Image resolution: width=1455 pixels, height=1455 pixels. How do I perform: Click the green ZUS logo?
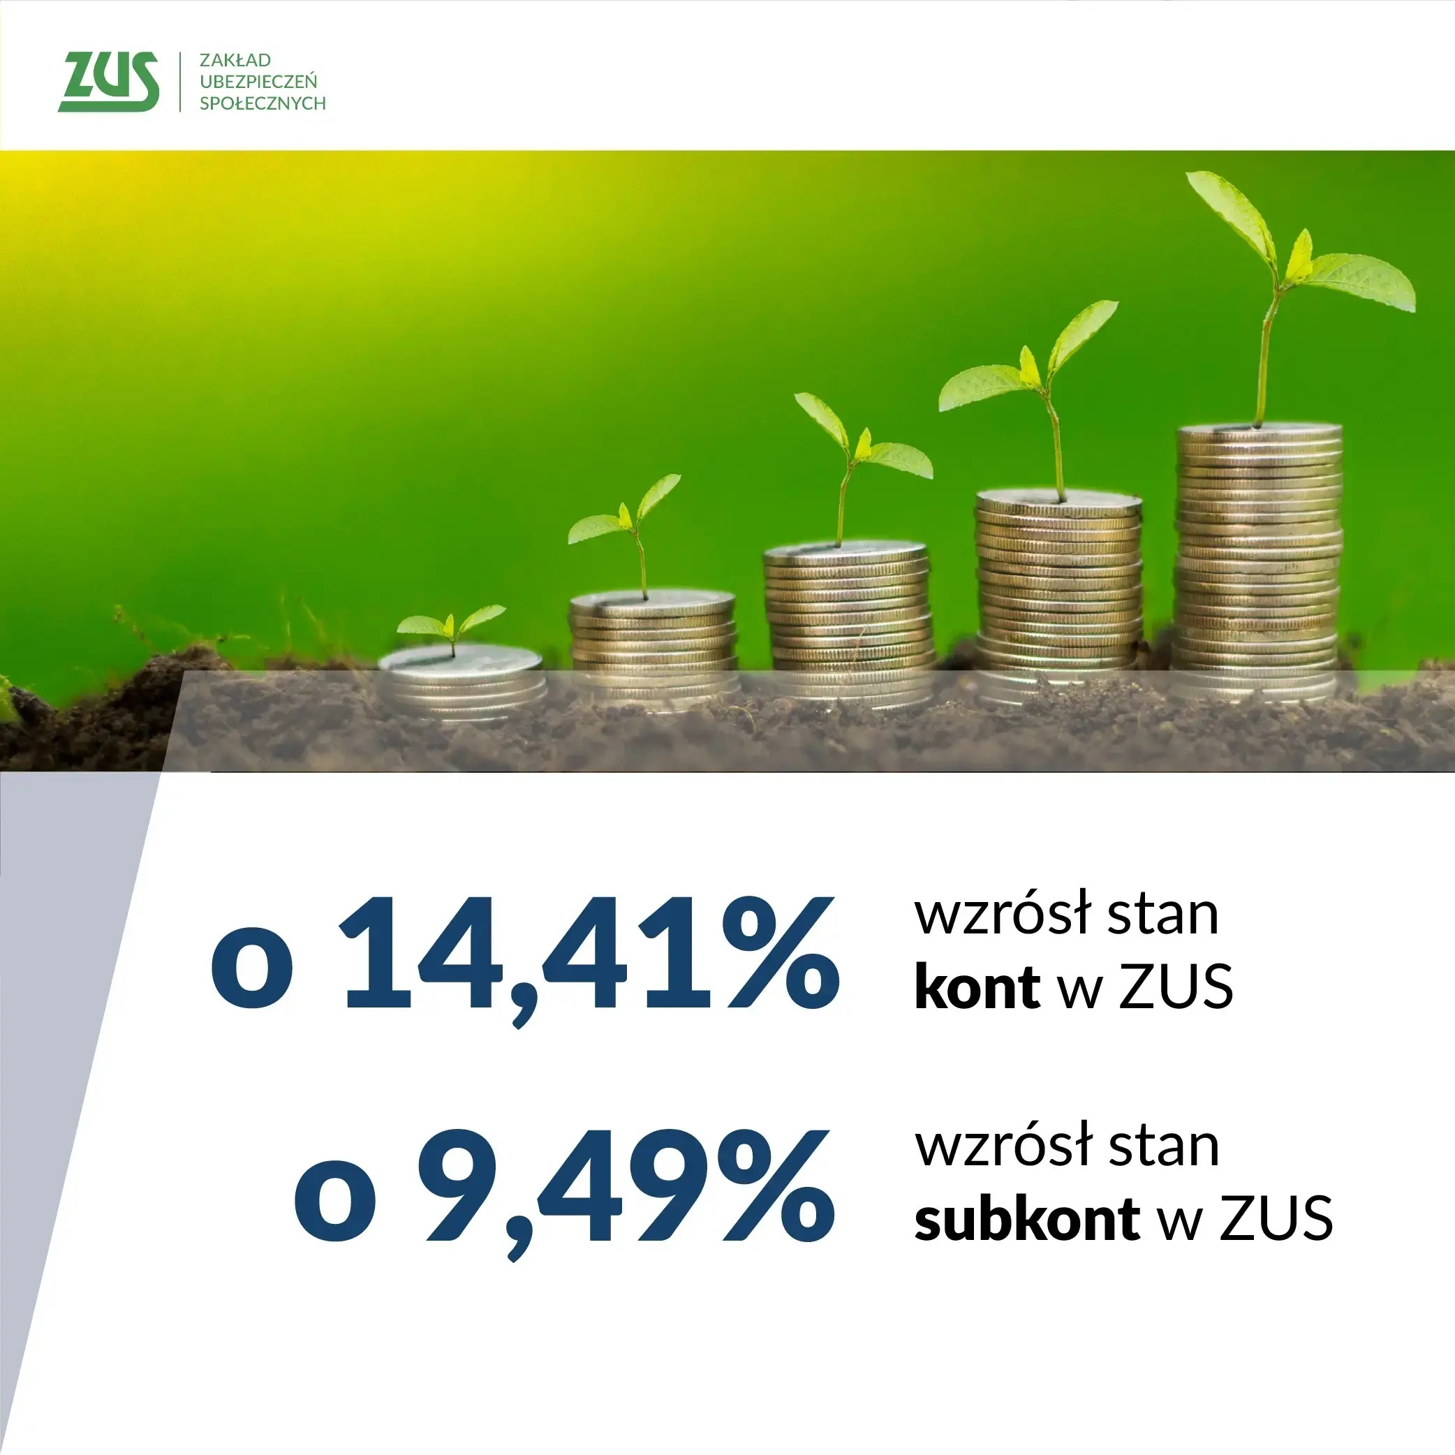click(x=108, y=81)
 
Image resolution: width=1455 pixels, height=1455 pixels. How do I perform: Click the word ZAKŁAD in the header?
click(x=235, y=59)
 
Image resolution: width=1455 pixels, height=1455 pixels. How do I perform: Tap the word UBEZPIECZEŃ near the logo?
click(x=258, y=80)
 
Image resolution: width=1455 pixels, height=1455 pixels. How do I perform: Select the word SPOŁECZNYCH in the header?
click(x=263, y=103)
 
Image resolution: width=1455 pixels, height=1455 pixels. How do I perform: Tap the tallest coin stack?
click(x=1257, y=561)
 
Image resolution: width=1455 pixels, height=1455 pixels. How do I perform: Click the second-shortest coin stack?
click(x=653, y=649)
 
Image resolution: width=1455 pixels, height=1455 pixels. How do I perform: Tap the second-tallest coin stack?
click(x=1058, y=595)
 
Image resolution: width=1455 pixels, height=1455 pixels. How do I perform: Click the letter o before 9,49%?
click(x=334, y=1207)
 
